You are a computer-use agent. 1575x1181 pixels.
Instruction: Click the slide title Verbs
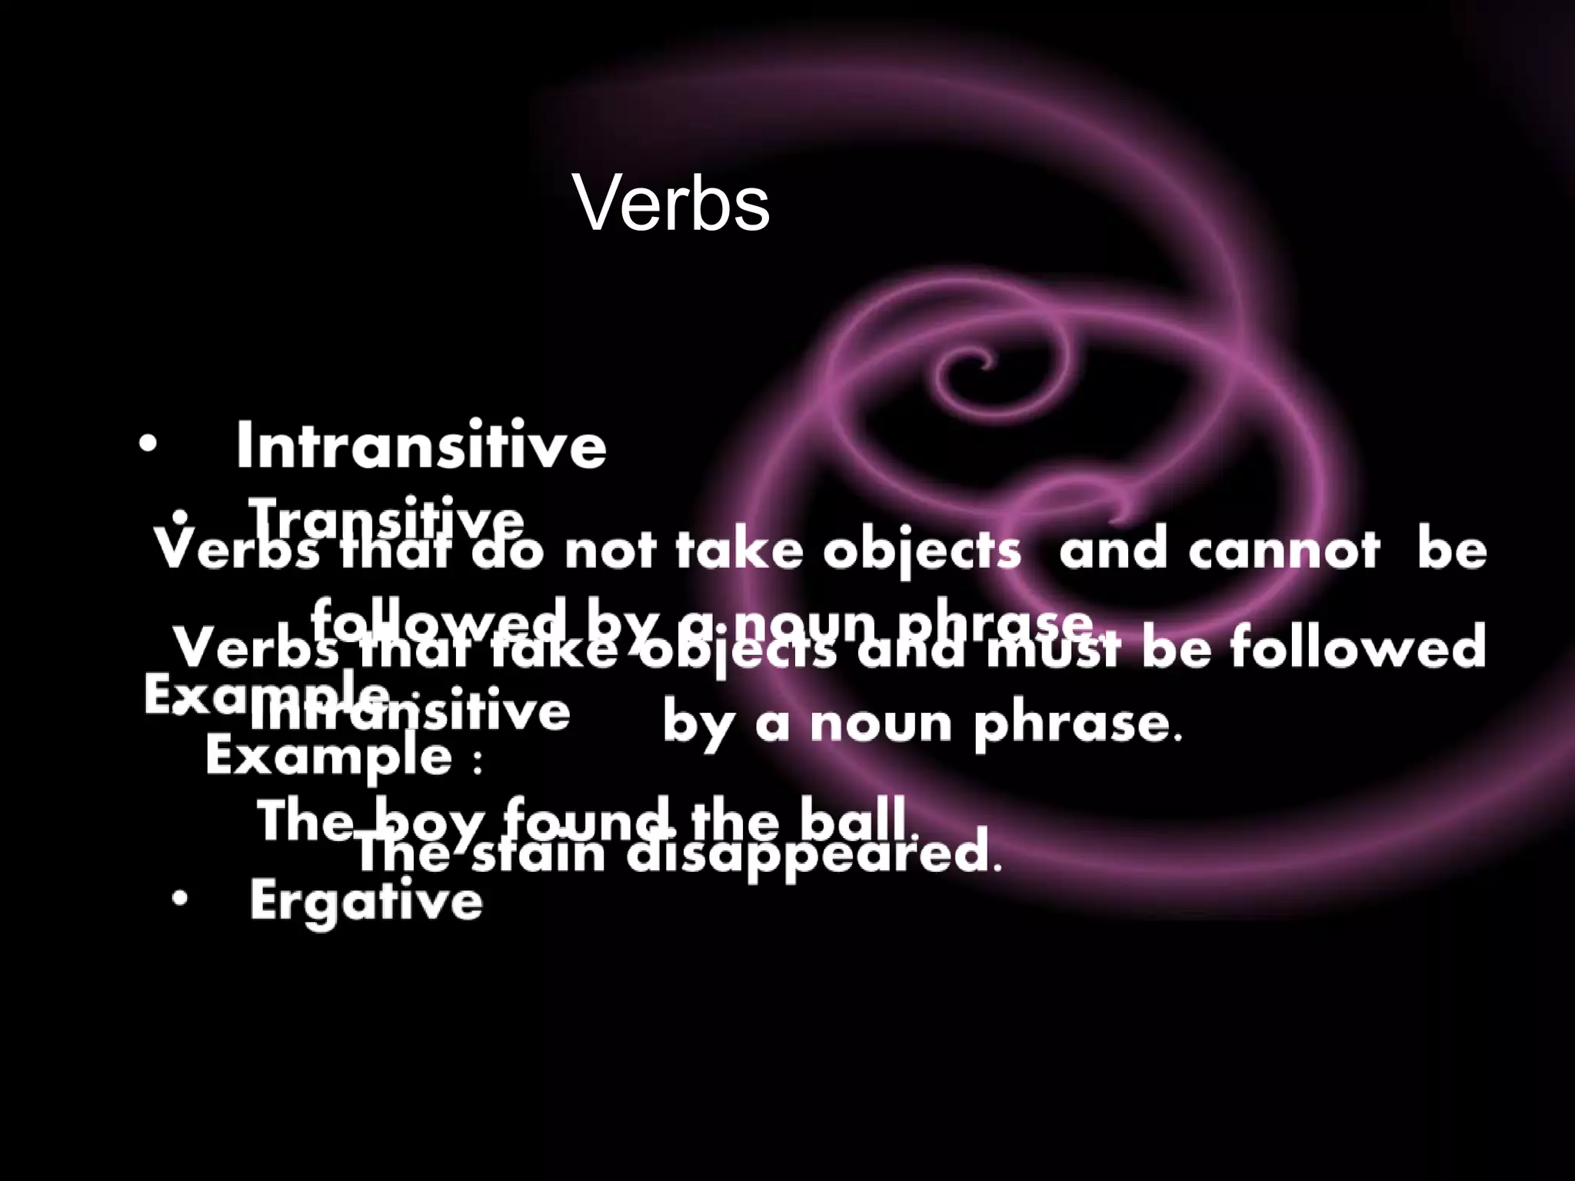[671, 205]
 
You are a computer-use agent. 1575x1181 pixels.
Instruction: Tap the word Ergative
[366, 900]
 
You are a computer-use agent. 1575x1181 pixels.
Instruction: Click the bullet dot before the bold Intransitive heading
[148, 444]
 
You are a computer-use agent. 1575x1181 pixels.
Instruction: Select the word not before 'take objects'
[611, 551]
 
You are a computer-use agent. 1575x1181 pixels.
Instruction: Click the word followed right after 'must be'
[1357, 647]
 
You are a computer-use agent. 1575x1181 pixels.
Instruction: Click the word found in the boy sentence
[591, 820]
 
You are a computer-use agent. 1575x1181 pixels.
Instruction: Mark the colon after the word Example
[478, 760]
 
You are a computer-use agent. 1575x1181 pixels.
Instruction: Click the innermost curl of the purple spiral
[978, 361]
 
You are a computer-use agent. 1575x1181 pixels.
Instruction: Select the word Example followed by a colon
[329, 757]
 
